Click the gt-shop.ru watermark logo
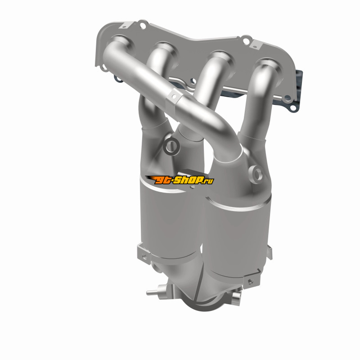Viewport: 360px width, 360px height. pyautogui.click(x=180, y=180)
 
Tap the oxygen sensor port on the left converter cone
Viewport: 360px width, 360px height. pyautogui.click(x=171, y=146)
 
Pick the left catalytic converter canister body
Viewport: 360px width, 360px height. pyautogui.click(x=171, y=220)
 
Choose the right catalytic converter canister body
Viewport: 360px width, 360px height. pyautogui.click(x=239, y=237)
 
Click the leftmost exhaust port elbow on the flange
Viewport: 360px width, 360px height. pyautogui.click(x=120, y=46)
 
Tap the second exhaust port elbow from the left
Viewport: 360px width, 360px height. pyautogui.click(x=161, y=58)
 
